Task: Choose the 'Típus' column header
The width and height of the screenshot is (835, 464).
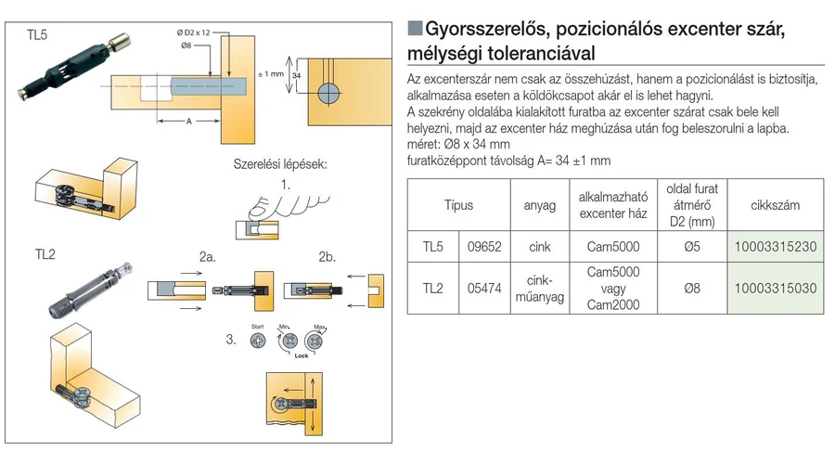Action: (458, 205)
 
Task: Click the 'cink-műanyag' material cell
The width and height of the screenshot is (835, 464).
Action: (539, 289)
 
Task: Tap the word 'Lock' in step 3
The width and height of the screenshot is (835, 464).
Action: (299, 355)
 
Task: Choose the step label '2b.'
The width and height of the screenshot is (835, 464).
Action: (327, 255)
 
